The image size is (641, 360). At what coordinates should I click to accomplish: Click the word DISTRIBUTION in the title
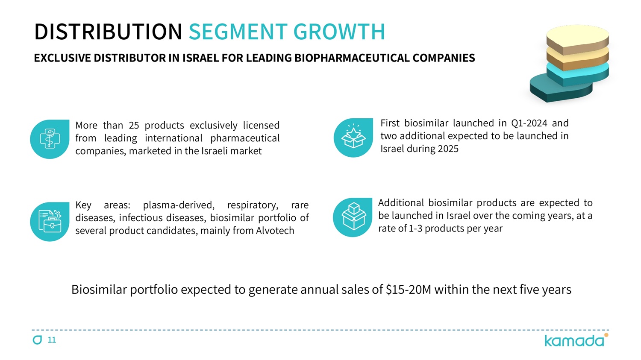point(108,32)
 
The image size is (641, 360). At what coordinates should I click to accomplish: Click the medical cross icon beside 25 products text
point(50,139)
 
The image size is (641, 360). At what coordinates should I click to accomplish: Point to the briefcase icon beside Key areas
point(50,221)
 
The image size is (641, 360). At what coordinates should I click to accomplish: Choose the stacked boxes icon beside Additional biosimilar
point(353,217)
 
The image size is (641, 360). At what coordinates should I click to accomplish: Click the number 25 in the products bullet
point(134,126)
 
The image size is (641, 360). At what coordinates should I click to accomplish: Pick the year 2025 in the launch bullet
point(447,149)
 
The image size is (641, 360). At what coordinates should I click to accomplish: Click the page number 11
point(52,340)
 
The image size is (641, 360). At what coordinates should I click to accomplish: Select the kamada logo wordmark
point(574,341)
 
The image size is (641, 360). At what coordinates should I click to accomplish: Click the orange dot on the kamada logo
point(606,335)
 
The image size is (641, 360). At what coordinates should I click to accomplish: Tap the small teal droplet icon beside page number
point(38,340)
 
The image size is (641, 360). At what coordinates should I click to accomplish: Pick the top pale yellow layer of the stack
point(577,36)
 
